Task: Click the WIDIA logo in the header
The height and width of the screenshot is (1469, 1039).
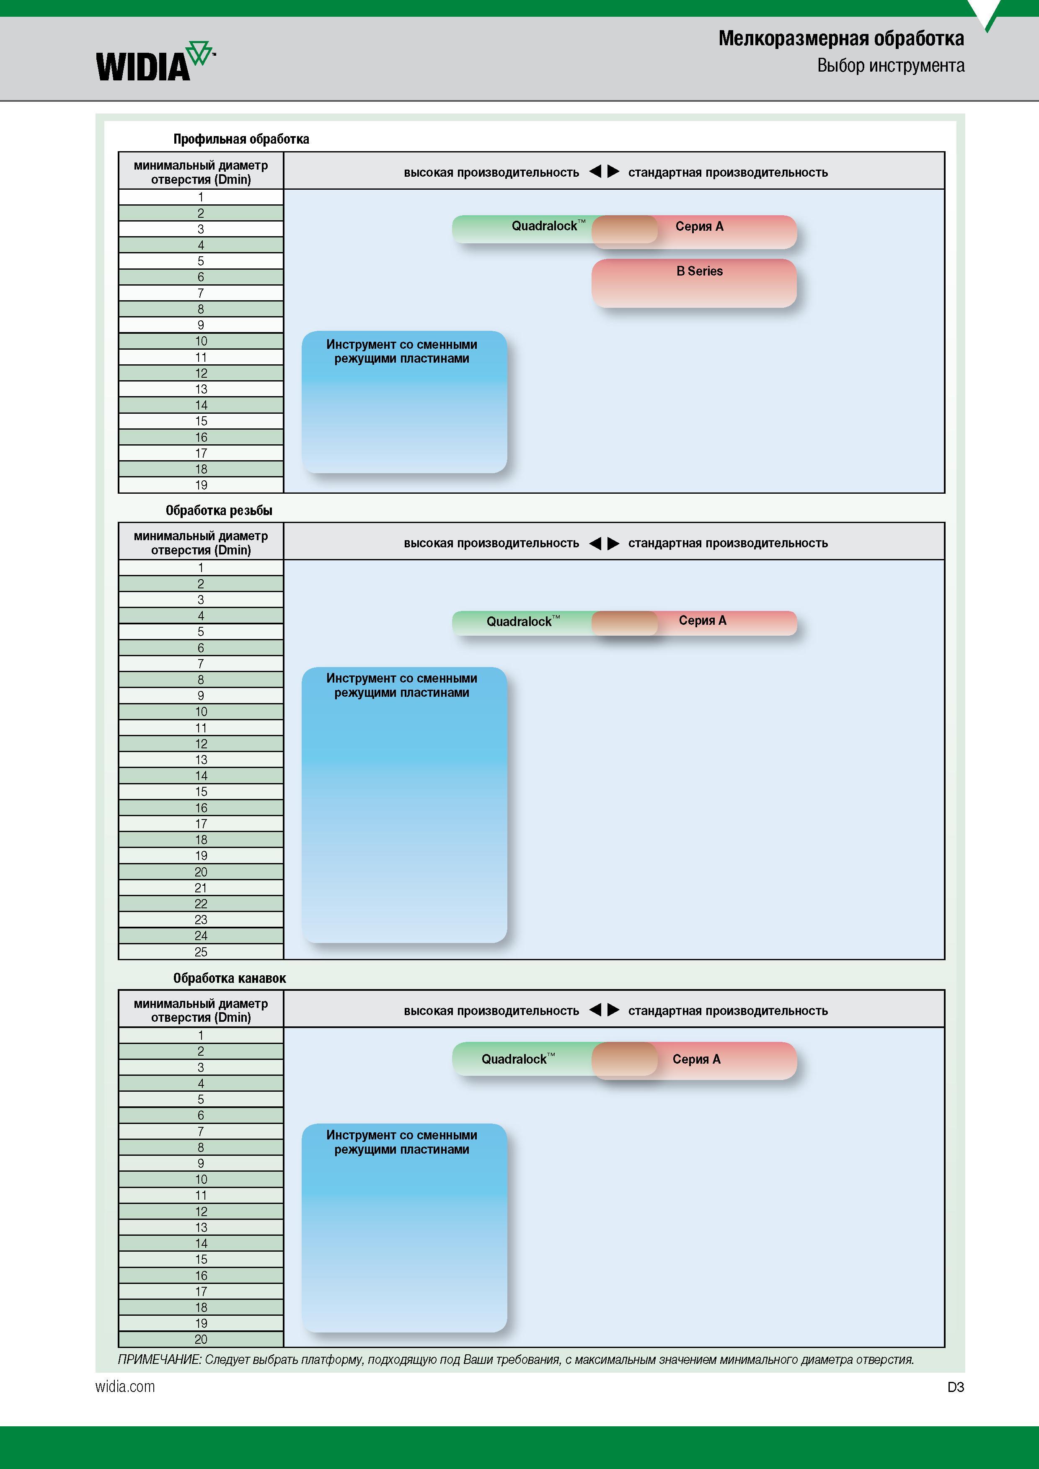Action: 155,62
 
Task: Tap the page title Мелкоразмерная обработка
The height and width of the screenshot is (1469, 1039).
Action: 840,39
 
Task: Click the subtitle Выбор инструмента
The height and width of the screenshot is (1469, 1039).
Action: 890,66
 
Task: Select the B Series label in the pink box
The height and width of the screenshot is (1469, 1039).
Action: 699,271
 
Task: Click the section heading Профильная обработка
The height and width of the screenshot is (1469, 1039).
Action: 241,139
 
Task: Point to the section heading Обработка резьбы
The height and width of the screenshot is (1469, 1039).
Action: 219,510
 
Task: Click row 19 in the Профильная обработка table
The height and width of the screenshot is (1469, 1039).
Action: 201,485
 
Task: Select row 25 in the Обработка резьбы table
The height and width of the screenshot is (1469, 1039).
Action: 201,952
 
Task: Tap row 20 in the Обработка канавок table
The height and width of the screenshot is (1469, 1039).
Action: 201,1339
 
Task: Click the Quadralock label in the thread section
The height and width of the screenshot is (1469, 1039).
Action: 523,621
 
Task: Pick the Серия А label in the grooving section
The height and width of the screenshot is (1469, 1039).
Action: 697,1059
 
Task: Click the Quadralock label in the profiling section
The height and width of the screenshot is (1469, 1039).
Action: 548,226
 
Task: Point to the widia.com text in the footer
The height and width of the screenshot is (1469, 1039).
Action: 125,1387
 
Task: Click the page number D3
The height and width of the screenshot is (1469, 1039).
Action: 956,1387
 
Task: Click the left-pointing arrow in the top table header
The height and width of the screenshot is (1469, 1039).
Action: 595,171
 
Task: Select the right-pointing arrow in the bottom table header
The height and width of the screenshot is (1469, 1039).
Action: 613,1010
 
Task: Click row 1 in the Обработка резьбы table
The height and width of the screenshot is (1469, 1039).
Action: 201,567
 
